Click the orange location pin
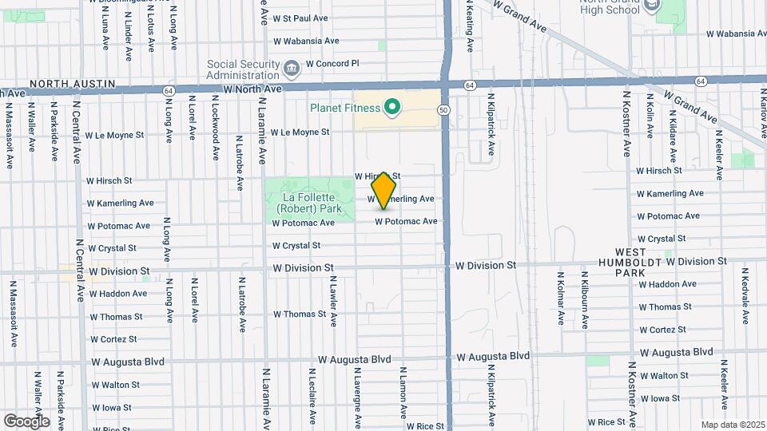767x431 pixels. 384,189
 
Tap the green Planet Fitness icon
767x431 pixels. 391,106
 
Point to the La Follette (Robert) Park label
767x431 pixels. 309,203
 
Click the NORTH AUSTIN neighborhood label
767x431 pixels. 73,84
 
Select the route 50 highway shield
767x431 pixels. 443,109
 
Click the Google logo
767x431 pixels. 26,421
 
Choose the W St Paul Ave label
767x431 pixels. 300,18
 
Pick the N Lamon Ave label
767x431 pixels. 403,390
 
